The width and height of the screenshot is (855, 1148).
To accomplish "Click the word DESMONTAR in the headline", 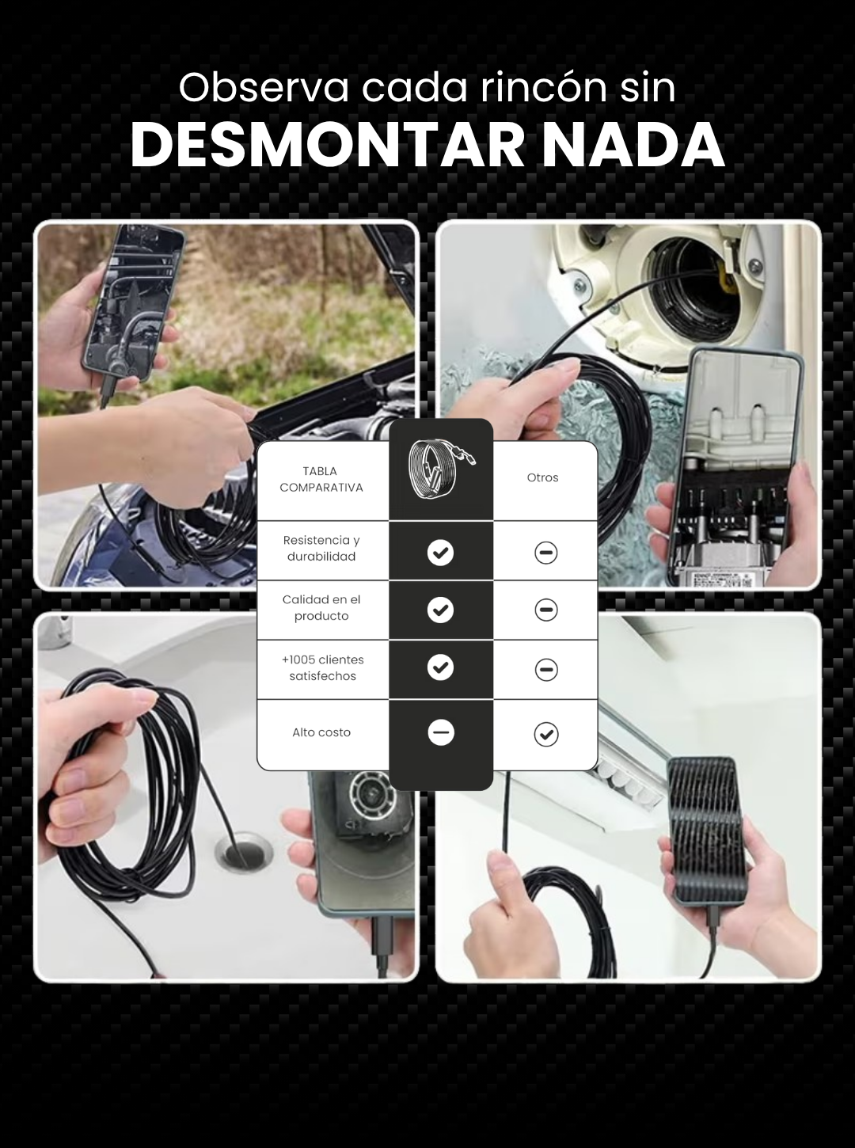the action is click(328, 146).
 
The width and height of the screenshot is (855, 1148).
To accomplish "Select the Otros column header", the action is click(542, 477).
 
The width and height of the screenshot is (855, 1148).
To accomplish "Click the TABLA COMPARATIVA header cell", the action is click(321, 479).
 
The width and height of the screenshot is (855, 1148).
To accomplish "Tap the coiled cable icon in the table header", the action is click(441, 469).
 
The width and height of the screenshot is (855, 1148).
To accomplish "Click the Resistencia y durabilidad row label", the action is click(321, 548).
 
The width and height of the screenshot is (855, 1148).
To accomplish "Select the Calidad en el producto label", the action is click(321, 607).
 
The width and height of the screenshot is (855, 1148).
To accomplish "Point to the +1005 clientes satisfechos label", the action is click(322, 667).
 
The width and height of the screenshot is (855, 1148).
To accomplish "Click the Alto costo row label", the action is click(321, 732).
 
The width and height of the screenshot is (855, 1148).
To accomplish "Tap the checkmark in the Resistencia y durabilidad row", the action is click(440, 553).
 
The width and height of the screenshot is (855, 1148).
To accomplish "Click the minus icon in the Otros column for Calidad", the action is click(545, 610).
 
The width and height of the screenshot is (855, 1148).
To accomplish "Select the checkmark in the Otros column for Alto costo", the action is click(546, 734).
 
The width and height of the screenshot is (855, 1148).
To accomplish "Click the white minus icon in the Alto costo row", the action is click(441, 733).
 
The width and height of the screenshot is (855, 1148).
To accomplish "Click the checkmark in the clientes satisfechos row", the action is click(440, 667).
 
